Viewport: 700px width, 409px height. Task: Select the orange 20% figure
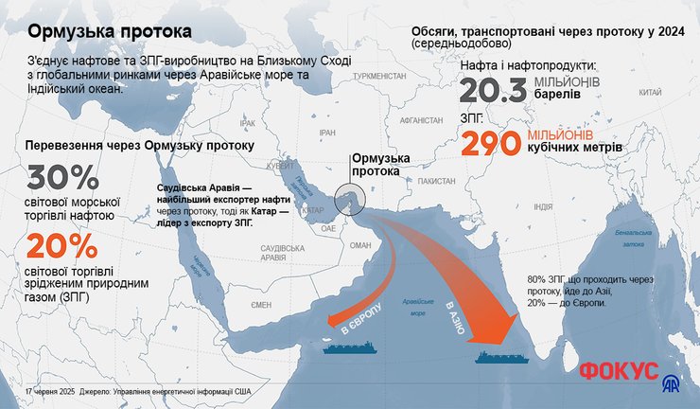tap(62, 248)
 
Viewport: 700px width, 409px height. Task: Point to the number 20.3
tap(493, 92)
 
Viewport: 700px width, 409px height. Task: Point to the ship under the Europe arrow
tap(350, 347)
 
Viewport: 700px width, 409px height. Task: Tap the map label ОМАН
tap(360, 244)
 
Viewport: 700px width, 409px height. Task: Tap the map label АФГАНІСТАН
tap(421, 121)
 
